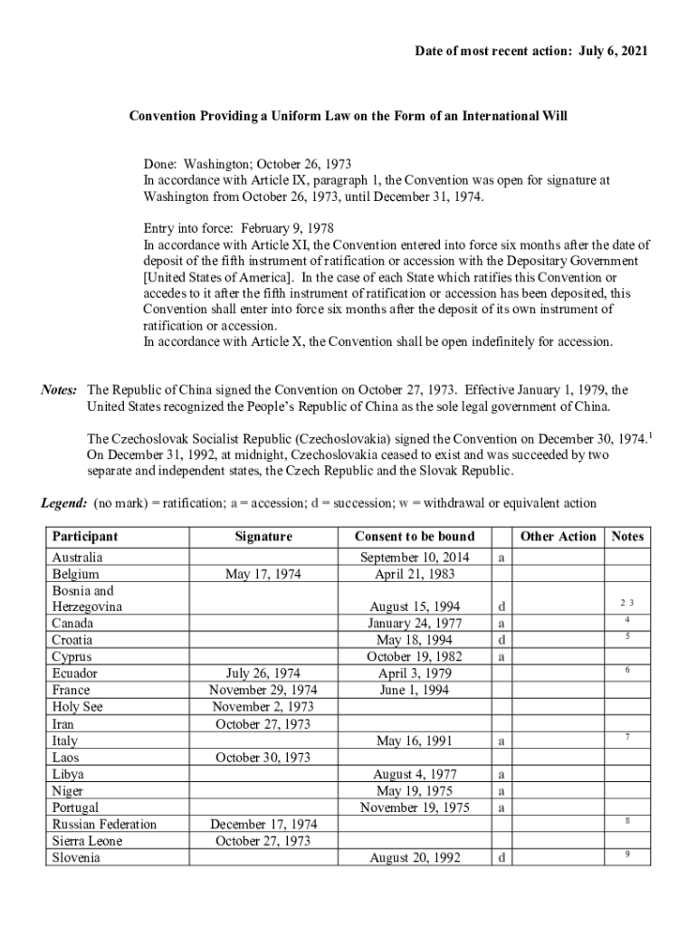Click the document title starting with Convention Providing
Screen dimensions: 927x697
[348, 117]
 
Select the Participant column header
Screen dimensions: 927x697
[85, 536]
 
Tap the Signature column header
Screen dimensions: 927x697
[263, 536]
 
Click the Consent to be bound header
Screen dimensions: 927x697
[415, 536]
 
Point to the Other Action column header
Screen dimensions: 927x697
[559, 536]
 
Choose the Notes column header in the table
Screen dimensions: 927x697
[627, 536]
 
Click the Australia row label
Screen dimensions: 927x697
[78, 558]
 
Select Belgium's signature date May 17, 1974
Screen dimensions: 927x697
[263, 574]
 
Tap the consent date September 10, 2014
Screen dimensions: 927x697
[415, 558]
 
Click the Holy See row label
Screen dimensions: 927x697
[78, 706]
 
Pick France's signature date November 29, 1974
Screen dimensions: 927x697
[263, 690]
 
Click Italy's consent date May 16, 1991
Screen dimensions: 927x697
[415, 741]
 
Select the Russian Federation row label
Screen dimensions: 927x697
[104, 824]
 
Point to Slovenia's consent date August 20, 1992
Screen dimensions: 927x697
[415, 857]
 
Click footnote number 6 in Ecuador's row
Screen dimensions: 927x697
[627, 670]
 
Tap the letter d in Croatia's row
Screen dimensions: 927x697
[501, 640]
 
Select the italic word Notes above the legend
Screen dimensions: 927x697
[60, 390]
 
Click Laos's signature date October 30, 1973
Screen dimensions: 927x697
[263, 757]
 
